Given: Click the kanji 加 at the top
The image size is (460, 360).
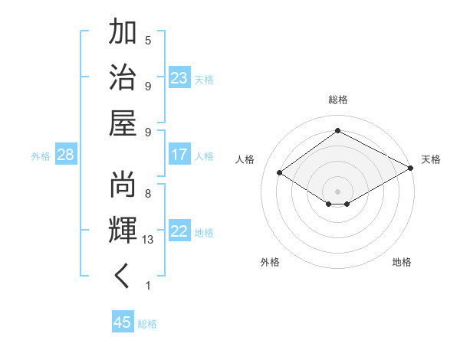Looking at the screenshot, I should coord(123,34).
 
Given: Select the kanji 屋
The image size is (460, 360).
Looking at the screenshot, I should coord(123,122).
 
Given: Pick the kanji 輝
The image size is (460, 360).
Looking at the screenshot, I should coord(123,231).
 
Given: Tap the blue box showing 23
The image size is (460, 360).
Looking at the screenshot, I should coord(179,77).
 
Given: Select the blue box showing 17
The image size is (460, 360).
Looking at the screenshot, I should coord(179,155).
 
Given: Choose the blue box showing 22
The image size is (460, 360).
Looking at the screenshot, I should coord(179,231).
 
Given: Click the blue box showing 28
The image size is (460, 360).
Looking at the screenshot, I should coord(66,155).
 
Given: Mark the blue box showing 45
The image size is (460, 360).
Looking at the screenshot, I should coord(123,322).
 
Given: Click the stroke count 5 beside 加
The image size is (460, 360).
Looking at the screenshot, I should coord(148,40).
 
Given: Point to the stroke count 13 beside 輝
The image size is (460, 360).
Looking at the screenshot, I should coord(148,240).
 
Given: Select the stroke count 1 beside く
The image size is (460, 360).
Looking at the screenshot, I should coord(148,286).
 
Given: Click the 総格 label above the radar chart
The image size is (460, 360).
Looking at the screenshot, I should coord(337,100).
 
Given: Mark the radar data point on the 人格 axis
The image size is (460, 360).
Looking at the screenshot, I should coord(279,173).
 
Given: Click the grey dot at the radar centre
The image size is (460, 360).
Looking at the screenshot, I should coord(337,191).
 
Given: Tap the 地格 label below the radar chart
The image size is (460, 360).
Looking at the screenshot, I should coord(402,262).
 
